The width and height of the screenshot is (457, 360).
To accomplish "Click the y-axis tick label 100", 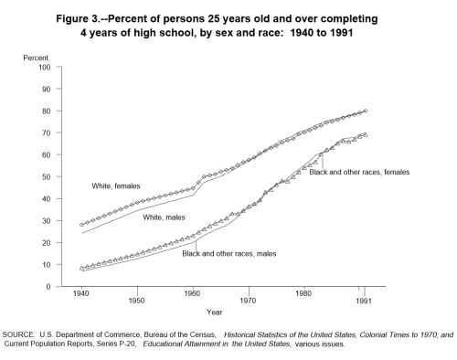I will (43, 67).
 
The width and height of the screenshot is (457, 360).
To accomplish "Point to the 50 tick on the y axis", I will (45, 176).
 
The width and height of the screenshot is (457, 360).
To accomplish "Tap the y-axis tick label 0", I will (48, 287).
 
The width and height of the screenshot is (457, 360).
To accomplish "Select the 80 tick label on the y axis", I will (45, 111).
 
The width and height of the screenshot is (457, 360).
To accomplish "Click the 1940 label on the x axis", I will (81, 299).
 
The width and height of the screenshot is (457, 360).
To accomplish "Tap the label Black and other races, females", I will (358, 171).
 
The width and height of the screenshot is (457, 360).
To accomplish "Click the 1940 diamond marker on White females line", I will (81, 225).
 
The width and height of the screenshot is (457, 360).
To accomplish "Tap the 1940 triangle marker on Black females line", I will (81, 268).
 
